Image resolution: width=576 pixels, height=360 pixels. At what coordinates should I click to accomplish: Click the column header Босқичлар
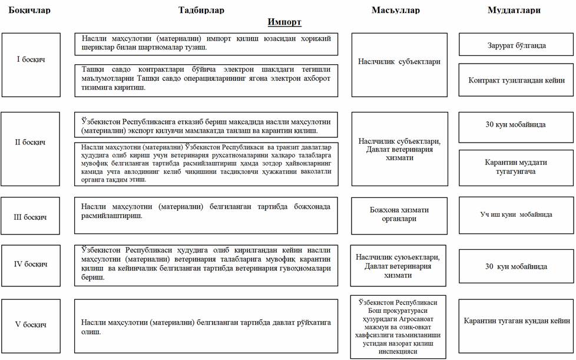pyautogui.click(x=29, y=10)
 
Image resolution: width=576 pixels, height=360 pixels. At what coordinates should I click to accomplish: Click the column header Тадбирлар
pyautogui.click(x=201, y=10)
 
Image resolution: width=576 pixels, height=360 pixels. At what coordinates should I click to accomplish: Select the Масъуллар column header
pyautogui.click(x=396, y=10)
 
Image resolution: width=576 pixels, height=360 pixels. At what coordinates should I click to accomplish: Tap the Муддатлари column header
pyautogui.click(x=514, y=10)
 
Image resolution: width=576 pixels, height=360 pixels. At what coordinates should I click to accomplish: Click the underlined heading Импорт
pyautogui.click(x=284, y=22)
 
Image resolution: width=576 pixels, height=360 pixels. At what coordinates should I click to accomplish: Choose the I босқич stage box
pyautogui.click(x=31, y=60)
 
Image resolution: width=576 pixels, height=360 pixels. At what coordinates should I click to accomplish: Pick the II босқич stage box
pyautogui.click(x=31, y=142)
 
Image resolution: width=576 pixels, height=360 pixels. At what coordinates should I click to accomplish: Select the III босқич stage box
pyautogui.click(x=31, y=217)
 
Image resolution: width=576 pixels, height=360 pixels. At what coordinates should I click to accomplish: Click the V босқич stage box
pyautogui.click(x=31, y=325)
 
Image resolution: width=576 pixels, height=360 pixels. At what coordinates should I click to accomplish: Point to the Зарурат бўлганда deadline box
pyautogui.click(x=516, y=45)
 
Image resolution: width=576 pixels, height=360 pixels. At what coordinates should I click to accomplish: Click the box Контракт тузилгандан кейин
pyautogui.click(x=516, y=80)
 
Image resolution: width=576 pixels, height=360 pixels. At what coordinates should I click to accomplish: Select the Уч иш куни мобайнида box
pyautogui.click(x=516, y=214)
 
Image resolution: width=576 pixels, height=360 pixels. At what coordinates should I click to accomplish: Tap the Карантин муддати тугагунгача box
pyautogui.click(x=516, y=166)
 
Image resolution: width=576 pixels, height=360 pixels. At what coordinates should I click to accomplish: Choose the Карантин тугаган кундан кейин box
pyautogui.click(x=516, y=321)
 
